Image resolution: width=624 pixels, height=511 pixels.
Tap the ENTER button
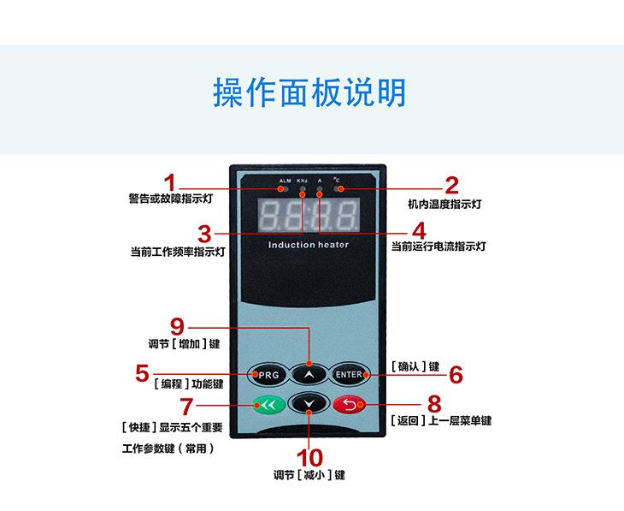pos(349,375)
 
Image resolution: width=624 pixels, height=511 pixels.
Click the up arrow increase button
pos(309,375)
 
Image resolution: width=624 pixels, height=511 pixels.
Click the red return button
pos(349,404)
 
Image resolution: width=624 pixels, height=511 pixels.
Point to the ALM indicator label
pos(285,181)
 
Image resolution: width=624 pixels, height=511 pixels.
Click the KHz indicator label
pos(302,181)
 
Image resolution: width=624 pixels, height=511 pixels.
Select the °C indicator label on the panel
pos(338,181)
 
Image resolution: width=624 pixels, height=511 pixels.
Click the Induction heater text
pos(309,245)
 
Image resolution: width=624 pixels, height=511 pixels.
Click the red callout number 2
pos(451,185)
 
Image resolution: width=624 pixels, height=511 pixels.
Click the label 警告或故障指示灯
pos(170,199)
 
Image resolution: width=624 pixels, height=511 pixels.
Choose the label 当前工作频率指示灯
pos(177,253)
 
